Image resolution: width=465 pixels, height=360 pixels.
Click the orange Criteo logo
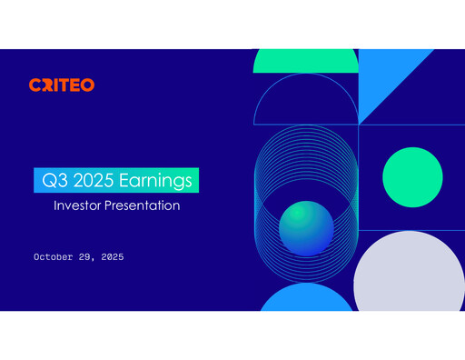[61, 85]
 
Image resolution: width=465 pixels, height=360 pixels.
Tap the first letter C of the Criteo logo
[34, 85]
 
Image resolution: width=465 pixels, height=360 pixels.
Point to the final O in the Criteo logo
[87, 85]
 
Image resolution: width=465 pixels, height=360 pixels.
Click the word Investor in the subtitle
[79, 206]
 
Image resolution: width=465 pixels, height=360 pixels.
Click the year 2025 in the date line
[113, 257]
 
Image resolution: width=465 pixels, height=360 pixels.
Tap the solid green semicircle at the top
[305, 61]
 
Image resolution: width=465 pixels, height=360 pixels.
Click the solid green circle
[412, 176]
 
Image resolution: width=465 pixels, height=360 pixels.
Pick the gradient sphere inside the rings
[306, 227]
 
